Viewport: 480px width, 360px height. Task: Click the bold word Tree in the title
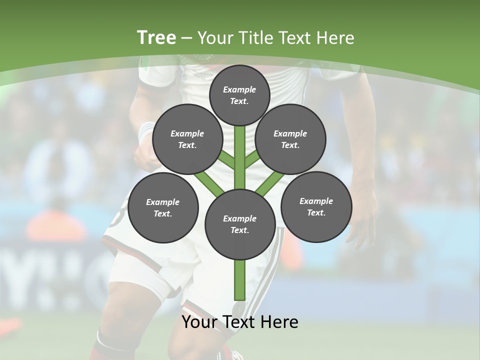click(x=156, y=38)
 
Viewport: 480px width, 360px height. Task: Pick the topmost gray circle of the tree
click(x=239, y=95)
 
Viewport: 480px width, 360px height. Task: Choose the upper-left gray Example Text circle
click(x=187, y=139)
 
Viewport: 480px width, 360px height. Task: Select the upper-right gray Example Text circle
click(x=290, y=139)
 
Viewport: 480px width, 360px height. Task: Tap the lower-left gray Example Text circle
click(x=163, y=207)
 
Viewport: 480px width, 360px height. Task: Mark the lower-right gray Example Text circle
click(x=316, y=206)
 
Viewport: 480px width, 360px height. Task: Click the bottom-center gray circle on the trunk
click(x=239, y=224)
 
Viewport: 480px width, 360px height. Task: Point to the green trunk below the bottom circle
click(x=239, y=280)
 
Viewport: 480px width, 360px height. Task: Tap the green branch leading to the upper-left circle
click(x=226, y=159)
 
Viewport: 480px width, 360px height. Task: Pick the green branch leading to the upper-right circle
click(x=252, y=158)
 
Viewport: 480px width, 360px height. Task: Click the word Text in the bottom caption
click(x=241, y=322)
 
